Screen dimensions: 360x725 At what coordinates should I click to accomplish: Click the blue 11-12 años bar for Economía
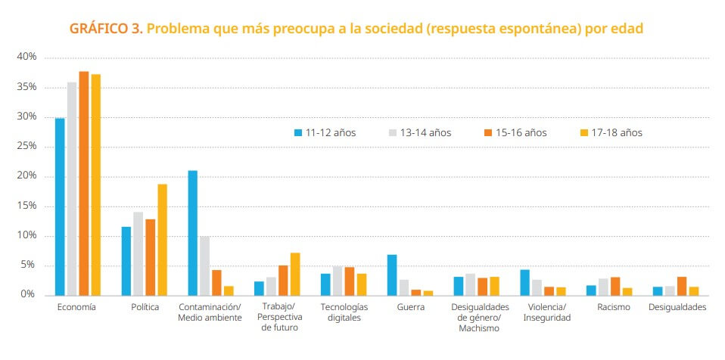(60, 206)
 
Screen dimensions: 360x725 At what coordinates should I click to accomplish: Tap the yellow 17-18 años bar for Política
(162, 239)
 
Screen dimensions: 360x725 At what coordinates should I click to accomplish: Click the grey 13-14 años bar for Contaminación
(205, 265)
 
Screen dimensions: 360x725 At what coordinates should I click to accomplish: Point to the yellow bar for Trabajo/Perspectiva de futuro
(295, 274)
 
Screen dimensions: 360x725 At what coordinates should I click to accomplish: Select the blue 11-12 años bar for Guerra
(392, 275)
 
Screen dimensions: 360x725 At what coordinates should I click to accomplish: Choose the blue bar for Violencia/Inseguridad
(524, 282)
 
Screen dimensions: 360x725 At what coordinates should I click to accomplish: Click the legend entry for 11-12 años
(325, 132)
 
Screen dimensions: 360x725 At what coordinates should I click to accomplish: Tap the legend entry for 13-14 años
(420, 132)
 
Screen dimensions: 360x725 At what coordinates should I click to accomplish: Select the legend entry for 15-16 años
(515, 132)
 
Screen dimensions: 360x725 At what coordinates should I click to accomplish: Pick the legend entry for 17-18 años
(611, 132)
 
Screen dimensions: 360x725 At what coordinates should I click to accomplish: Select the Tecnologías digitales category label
(344, 312)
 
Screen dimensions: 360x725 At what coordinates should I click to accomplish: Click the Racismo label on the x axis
(612, 307)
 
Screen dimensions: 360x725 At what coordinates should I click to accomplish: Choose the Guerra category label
(410, 307)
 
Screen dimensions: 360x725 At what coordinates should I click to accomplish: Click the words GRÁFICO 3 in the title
(105, 29)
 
